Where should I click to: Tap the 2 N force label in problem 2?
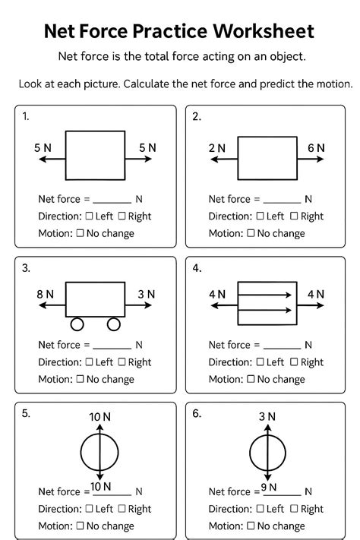217,148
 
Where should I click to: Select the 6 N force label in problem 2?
316,148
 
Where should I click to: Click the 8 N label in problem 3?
45,294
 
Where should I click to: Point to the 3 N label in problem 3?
147,294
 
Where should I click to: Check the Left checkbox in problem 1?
90,216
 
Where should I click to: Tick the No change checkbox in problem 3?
80,379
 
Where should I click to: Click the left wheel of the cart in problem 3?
77,324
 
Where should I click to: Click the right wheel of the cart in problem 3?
114,324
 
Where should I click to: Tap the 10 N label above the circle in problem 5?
99,417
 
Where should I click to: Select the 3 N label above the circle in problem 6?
267,416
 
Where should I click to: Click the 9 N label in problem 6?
269,487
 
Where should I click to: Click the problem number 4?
197,268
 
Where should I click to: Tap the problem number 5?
27,413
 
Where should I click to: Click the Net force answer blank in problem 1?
112,201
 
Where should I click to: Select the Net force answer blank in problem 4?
282,346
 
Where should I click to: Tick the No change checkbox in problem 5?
80,526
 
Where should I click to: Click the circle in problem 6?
267,453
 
